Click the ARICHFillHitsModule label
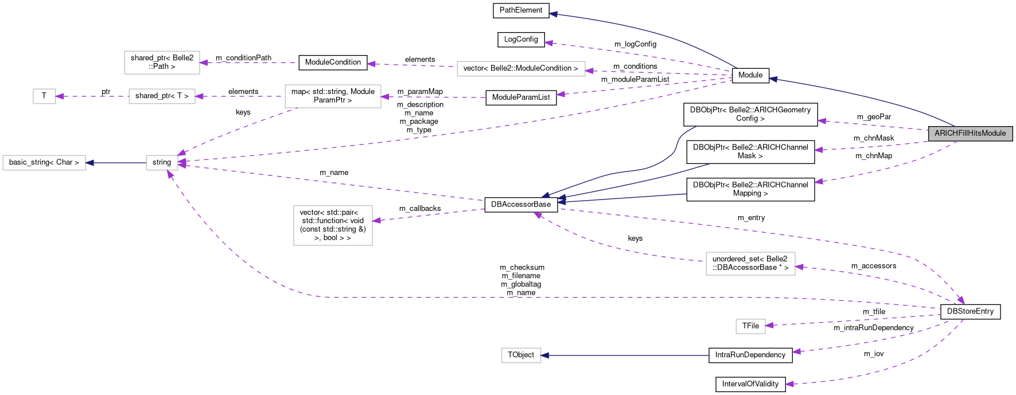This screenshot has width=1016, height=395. click(970, 134)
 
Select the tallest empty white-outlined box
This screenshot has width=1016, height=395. click(333, 225)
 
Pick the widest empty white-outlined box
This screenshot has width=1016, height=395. click(521, 69)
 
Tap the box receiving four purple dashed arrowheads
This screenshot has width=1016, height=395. click(162, 163)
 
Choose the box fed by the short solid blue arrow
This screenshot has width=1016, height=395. click(44, 163)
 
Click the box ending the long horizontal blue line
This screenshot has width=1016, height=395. click(521, 355)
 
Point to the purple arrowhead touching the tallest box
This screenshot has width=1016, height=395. click(376, 220)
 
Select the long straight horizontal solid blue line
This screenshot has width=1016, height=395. click(625, 355)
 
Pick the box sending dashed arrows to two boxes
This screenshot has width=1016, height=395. click(333, 96)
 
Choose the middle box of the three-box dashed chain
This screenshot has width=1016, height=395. click(162, 96)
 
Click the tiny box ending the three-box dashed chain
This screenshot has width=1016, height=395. click(44, 96)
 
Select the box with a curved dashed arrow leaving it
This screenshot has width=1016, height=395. click(750, 264)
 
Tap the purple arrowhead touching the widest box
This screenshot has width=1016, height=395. click(589, 71)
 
